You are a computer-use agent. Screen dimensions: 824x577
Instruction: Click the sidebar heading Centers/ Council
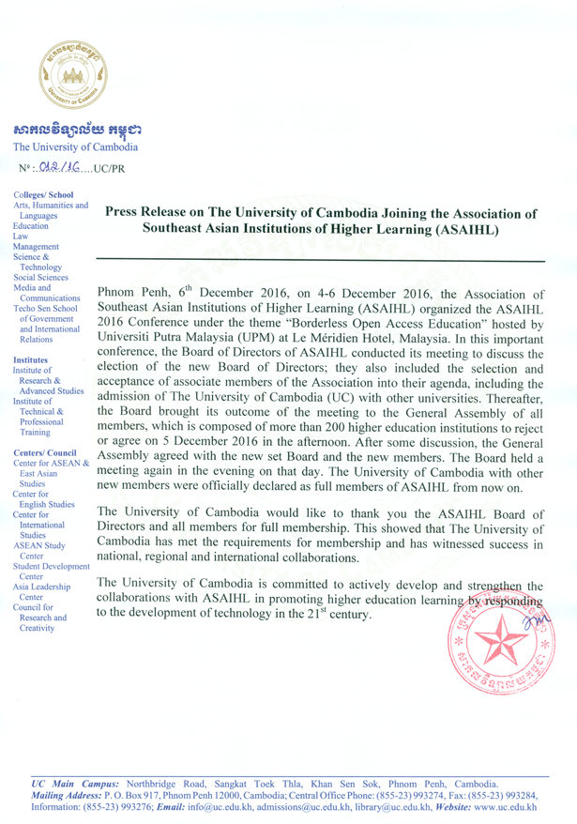[x=45, y=452]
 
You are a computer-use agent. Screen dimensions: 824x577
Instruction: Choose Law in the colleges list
[x=21, y=237]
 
